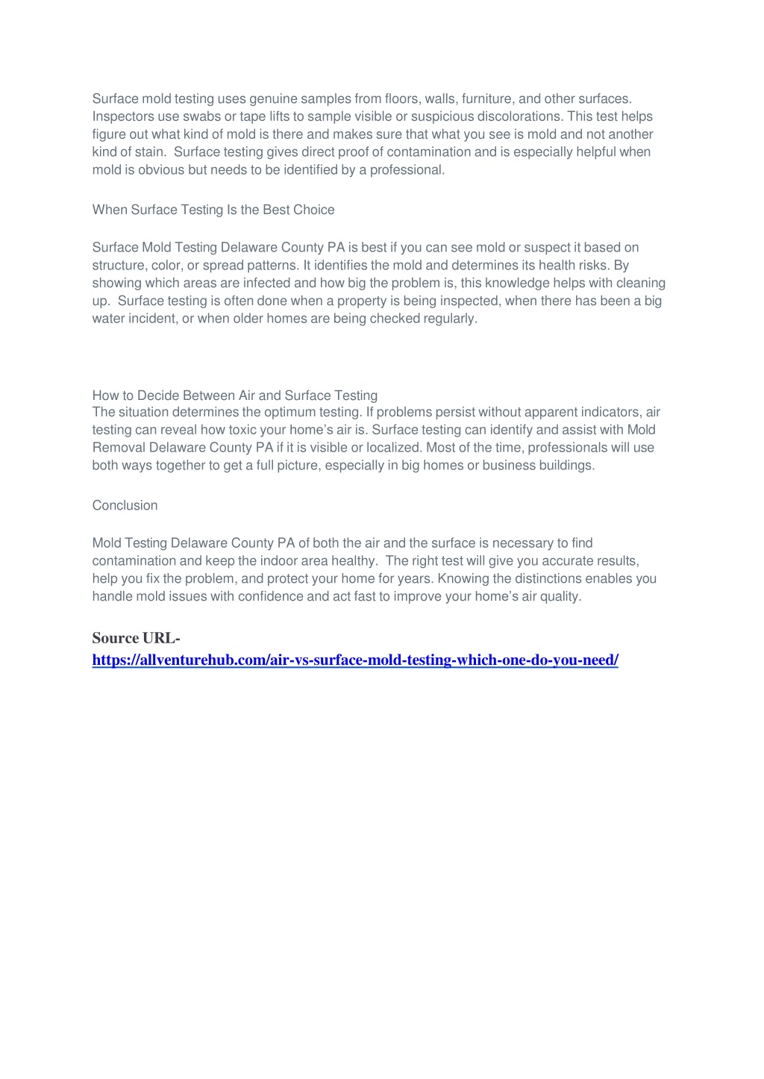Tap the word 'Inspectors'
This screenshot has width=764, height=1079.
point(121,116)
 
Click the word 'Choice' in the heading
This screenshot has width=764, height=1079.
point(313,210)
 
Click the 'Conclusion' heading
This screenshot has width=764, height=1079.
point(125,505)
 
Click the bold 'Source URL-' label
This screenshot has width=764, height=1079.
point(136,638)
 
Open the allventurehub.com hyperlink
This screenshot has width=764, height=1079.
point(355,660)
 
